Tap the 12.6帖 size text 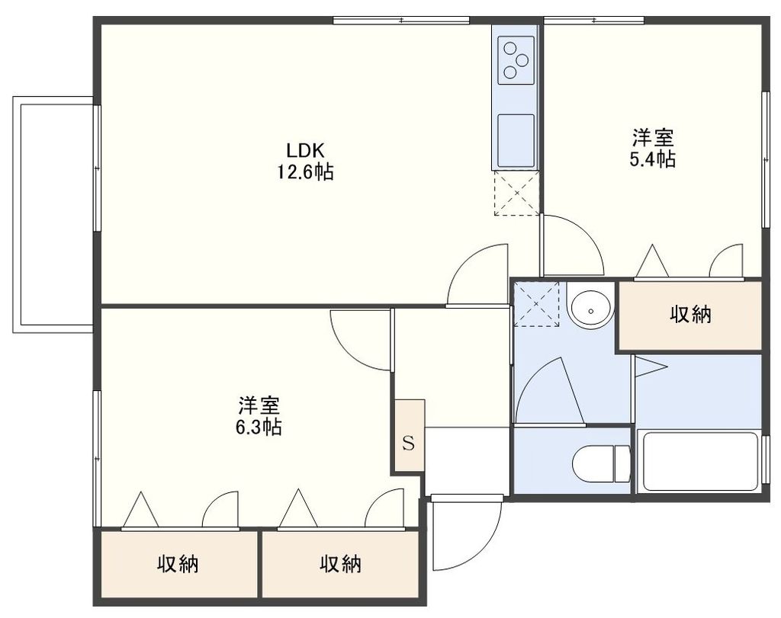point(304,172)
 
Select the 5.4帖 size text point(653,159)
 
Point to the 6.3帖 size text point(259,427)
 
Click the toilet point(600,465)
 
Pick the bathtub point(699,461)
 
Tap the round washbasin point(590,308)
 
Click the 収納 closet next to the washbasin point(690,315)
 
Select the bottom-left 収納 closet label point(178,564)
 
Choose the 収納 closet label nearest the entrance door point(340,564)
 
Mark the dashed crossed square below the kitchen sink point(516,194)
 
